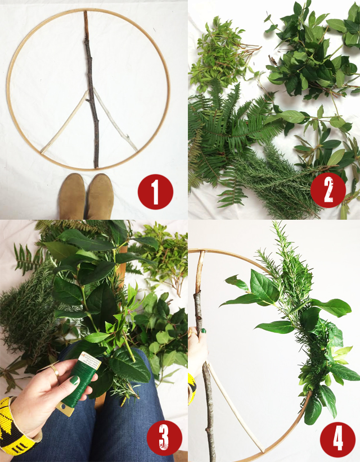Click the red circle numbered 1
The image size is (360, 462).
(155, 192)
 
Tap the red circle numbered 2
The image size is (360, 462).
(328, 190)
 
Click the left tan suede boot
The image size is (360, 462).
(72, 196)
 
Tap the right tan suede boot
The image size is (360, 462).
(100, 196)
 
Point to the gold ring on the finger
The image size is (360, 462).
(55, 370)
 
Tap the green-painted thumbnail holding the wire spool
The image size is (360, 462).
(74, 380)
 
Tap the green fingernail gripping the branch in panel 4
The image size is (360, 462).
(203, 330)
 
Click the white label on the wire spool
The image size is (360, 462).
(89, 361)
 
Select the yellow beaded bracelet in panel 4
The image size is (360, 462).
(192, 388)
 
